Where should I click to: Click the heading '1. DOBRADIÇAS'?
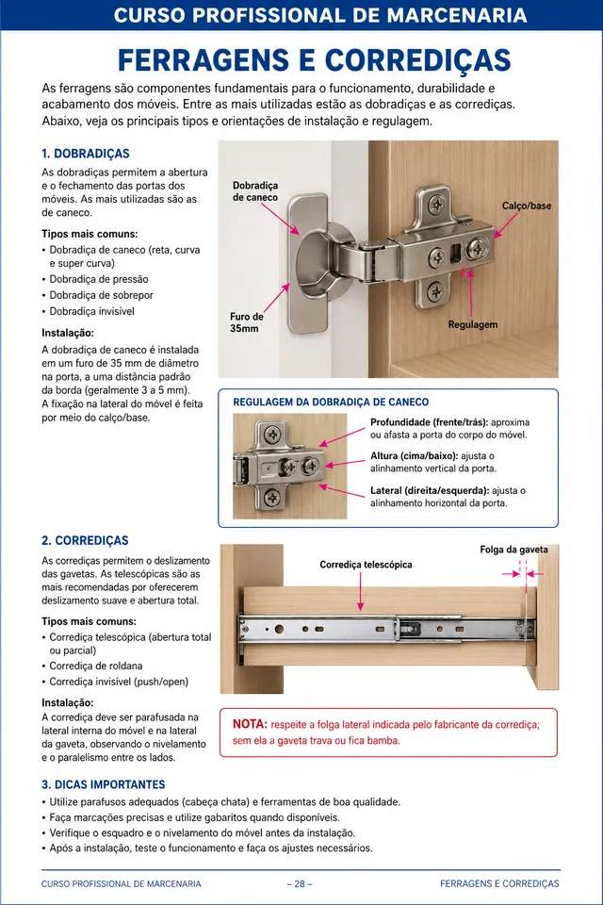86,154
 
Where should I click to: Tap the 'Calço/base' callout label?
527,206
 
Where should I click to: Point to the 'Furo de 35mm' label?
247,322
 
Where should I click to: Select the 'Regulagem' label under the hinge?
473,324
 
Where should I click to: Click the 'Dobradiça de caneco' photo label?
255,191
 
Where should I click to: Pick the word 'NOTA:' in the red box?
250,724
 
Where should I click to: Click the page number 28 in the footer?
300,883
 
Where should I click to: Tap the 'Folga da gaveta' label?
513,550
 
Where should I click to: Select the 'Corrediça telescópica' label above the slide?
366,565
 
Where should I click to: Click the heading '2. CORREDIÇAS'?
85,541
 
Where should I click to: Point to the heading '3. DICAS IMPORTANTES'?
104,784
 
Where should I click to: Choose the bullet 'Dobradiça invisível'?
91,311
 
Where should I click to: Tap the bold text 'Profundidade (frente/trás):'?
430,422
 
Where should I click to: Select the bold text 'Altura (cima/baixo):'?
415,456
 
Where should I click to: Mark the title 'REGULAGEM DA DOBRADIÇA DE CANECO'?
331,403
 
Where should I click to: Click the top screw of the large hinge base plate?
438,204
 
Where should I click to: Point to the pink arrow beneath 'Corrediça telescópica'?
360,592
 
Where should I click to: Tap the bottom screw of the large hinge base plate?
435,290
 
